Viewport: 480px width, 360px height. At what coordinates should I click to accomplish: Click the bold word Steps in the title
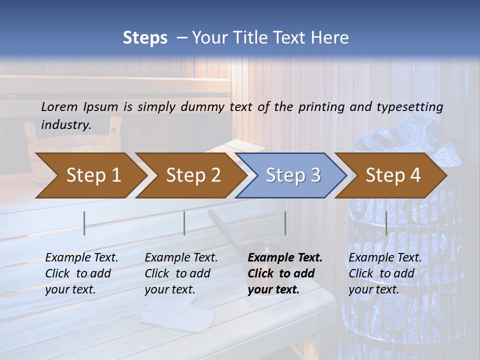click(x=145, y=38)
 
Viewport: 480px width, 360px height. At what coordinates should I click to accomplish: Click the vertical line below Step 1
click(x=84, y=223)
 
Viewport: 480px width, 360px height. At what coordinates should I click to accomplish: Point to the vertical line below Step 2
click(x=184, y=223)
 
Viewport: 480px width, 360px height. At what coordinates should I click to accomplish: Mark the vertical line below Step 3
click(x=285, y=223)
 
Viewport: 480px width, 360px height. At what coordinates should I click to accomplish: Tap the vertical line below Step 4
click(x=386, y=223)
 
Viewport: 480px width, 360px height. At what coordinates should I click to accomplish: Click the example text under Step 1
click(x=81, y=273)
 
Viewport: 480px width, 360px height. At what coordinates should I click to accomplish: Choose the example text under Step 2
click(x=181, y=273)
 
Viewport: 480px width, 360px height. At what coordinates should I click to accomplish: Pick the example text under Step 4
click(x=385, y=273)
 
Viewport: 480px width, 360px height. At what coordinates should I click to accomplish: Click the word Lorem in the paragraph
click(x=59, y=106)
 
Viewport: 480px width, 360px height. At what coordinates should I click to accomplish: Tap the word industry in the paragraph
click(x=65, y=125)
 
